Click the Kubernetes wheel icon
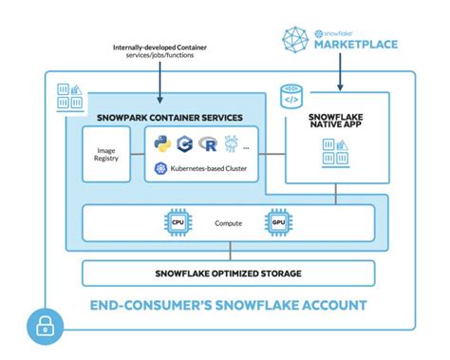pyautogui.click(x=160, y=169)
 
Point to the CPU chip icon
pyautogui.click(x=175, y=222)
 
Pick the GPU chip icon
pyautogui.click(x=277, y=222)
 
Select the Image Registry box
pyautogui.click(x=106, y=156)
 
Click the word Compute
pyautogui.click(x=228, y=223)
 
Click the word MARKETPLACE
pyautogui.click(x=357, y=44)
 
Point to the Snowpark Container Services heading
pyautogui.click(x=170, y=118)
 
